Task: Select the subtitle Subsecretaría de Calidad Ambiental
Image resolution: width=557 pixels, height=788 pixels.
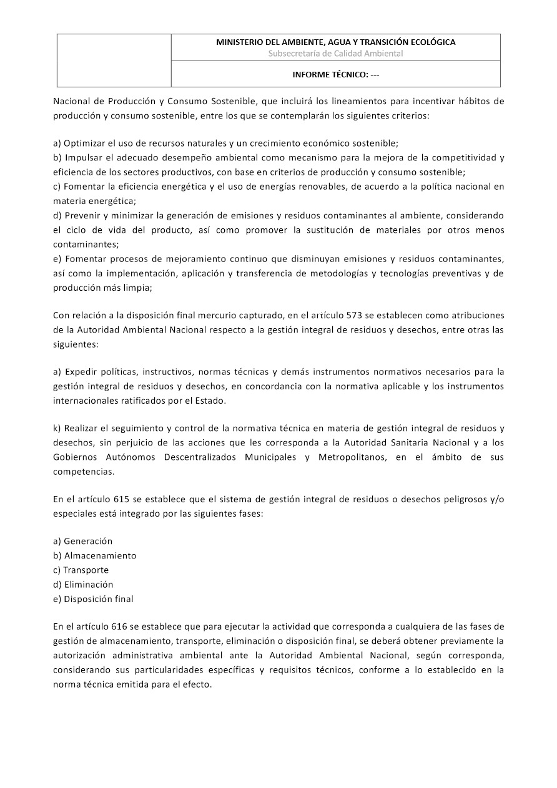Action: pyautogui.click(x=335, y=54)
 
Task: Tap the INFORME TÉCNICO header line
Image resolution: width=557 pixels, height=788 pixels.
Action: pyautogui.click(x=335, y=74)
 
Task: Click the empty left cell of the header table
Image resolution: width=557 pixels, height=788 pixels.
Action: pyautogui.click(x=114, y=60)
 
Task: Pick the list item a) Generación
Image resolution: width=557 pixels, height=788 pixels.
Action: pyautogui.click(x=83, y=542)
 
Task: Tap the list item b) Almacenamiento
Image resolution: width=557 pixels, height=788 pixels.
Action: pyautogui.click(x=95, y=556)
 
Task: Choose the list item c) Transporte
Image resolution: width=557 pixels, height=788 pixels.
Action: pyautogui.click(x=81, y=570)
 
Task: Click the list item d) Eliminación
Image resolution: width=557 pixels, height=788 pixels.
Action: pyautogui.click(x=84, y=585)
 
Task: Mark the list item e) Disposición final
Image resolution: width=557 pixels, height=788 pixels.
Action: pyautogui.click(x=94, y=599)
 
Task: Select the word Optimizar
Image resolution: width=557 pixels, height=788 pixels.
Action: pyautogui.click(x=84, y=143)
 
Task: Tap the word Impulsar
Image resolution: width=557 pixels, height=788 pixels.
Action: pyautogui.click(x=83, y=157)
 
